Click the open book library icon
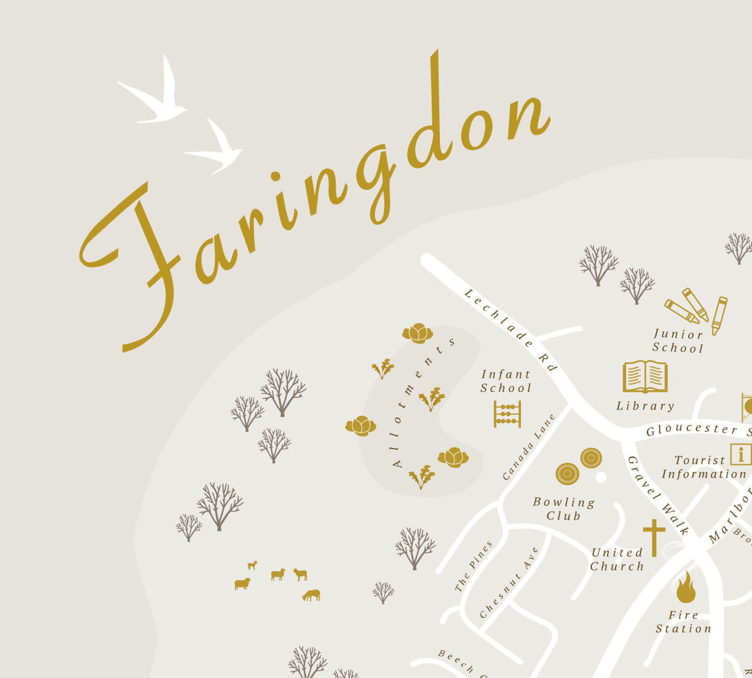(645, 377)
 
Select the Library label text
(645, 406)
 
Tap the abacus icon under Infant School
(507, 414)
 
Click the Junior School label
(678, 341)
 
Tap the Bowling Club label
(564, 509)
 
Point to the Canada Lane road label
(528, 447)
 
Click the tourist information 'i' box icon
(740, 455)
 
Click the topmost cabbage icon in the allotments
(418, 333)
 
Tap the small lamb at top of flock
(253, 565)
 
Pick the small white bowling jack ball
(600, 477)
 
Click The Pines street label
(474, 567)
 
